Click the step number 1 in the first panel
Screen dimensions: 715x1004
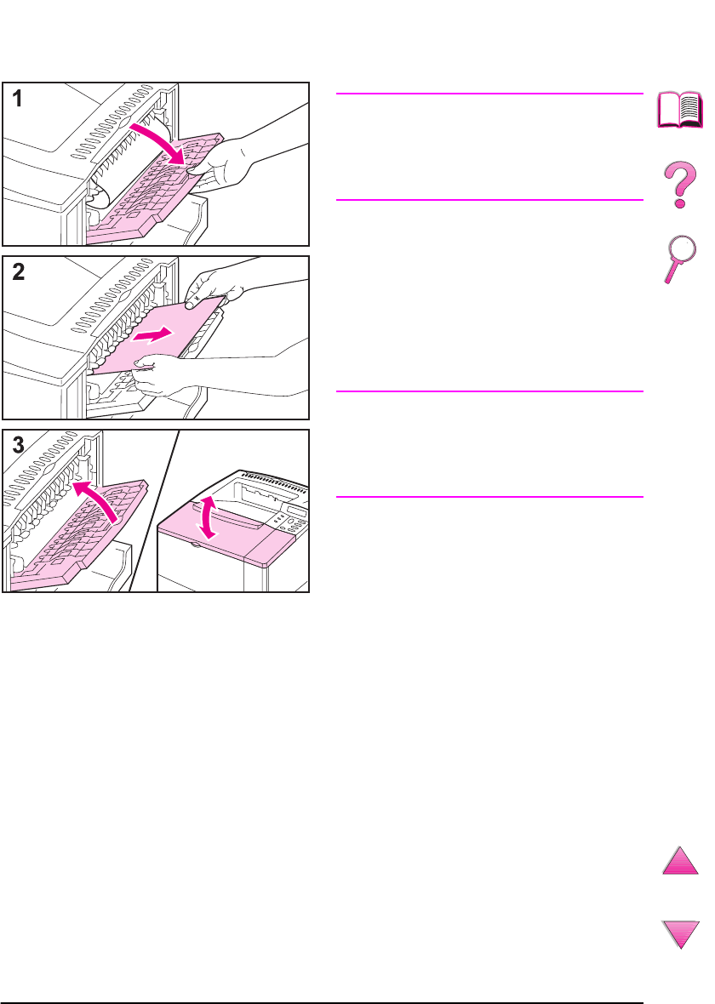click(17, 99)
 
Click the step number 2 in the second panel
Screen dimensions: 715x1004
click(19, 272)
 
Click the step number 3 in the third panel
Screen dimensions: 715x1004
click(19, 445)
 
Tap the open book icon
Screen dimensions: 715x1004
click(680, 111)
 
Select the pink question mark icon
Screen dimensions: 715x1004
click(680, 185)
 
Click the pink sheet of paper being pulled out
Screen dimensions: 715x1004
click(157, 336)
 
